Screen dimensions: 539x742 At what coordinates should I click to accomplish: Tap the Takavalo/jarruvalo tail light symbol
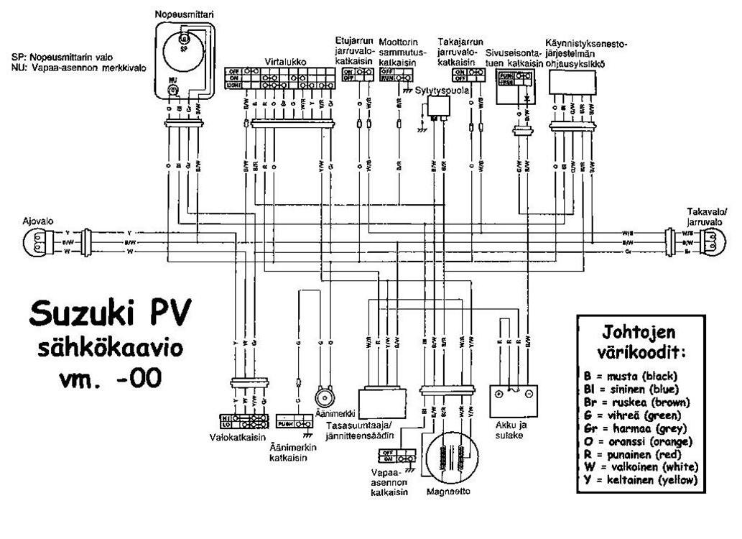pyautogui.click(x=710, y=243)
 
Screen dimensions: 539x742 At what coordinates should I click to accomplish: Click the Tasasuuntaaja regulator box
pyautogui.click(x=381, y=403)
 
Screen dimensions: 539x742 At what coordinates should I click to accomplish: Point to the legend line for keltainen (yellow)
pyautogui.click(x=641, y=480)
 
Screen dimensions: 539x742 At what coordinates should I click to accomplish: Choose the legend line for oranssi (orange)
pyautogui.click(x=641, y=441)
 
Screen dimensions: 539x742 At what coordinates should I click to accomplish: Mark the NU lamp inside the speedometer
pyautogui.click(x=173, y=89)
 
